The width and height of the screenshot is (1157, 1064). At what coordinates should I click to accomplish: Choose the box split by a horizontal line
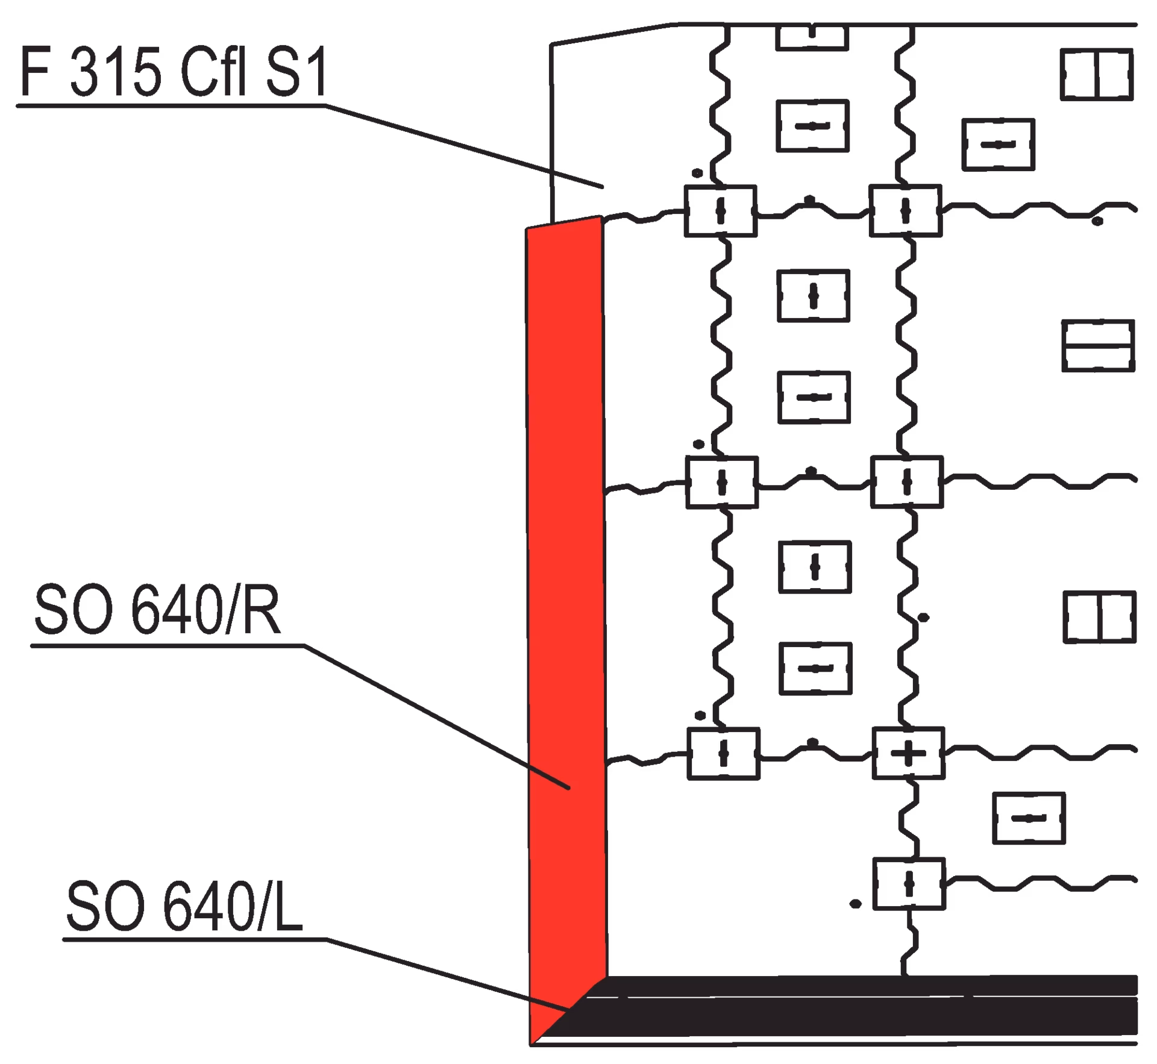[x=1097, y=346]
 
